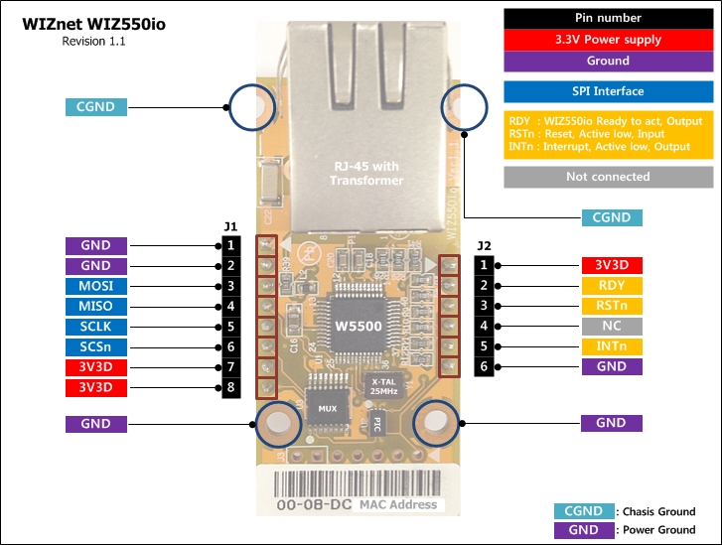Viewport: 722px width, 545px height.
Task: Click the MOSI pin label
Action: click(96, 286)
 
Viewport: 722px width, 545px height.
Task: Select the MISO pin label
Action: click(96, 306)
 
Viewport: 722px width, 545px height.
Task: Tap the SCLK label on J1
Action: click(96, 327)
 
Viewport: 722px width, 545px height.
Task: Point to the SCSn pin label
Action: click(96, 346)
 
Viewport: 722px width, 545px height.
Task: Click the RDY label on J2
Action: click(612, 286)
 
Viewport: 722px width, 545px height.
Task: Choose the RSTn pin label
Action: click(612, 306)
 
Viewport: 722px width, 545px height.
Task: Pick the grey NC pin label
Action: click(612, 326)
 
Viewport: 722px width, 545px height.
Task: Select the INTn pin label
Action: click(612, 346)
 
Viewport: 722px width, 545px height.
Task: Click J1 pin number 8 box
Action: click(230, 387)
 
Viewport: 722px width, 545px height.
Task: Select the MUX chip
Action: click(327, 407)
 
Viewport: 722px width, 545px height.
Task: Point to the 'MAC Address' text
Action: click(397, 504)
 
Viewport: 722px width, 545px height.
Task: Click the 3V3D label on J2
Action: click(612, 265)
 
